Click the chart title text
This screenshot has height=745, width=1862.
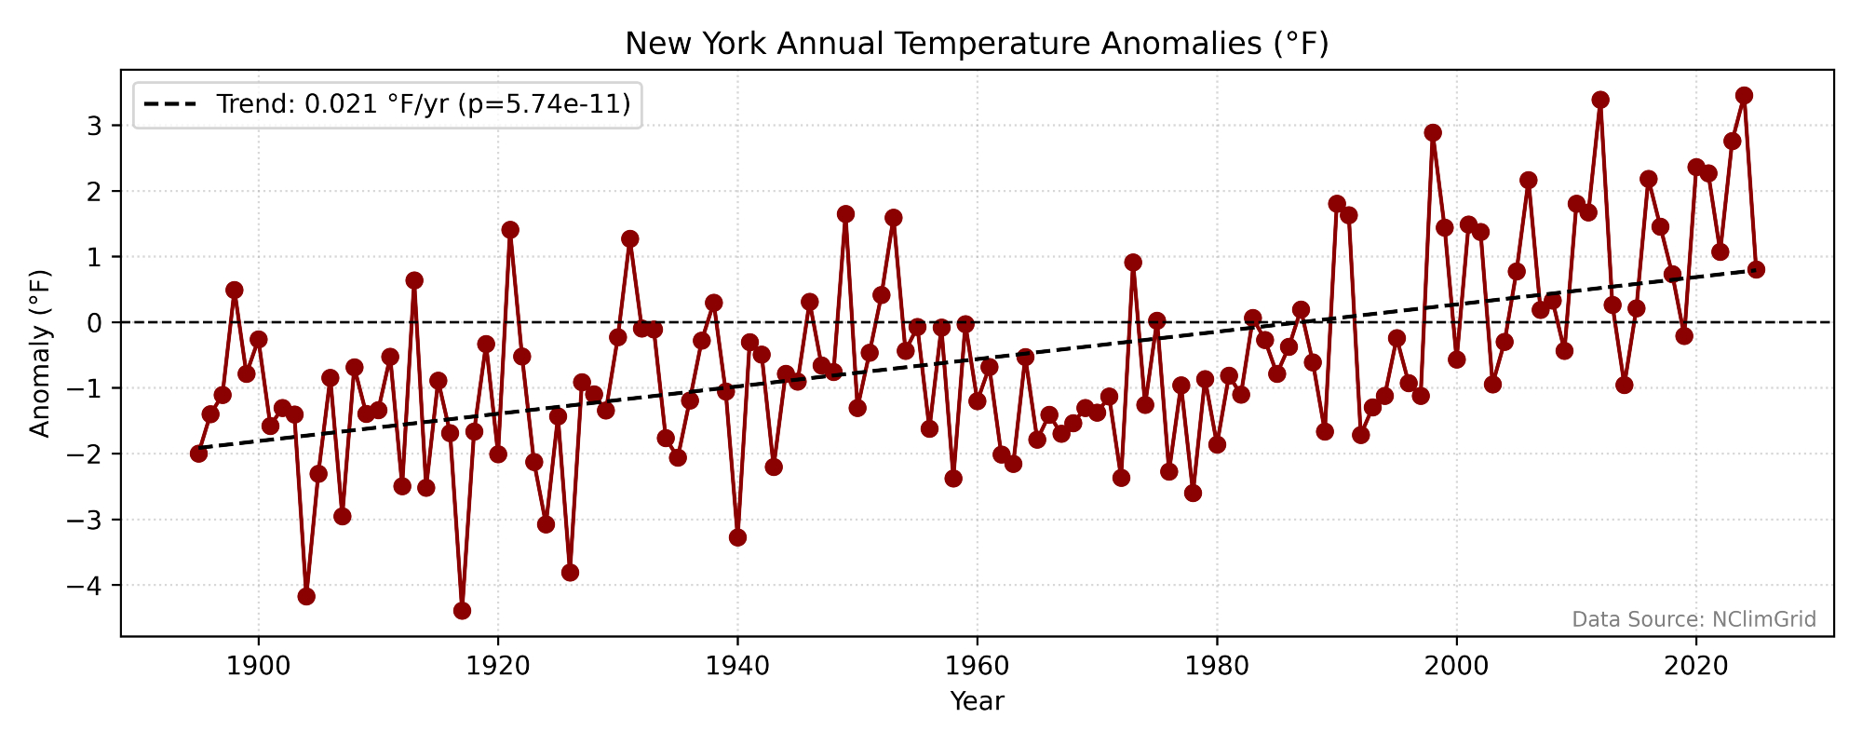point(977,44)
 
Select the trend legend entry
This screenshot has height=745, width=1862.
point(387,104)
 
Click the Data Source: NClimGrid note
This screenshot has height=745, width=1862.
point(1693,619)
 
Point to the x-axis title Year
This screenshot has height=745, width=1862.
point(977,701)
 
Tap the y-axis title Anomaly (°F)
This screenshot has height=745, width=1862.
point(39,353)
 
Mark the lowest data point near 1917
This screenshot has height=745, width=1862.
point(462,611)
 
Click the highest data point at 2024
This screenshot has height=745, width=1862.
point(1744,96)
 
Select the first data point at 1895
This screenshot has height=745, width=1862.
point(198,454)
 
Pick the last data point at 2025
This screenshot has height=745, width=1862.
point(1756,270)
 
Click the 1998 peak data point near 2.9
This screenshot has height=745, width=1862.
point(1433,133)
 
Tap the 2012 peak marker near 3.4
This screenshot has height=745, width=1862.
point(1600,100)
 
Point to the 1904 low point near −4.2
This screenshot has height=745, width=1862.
point(306,596)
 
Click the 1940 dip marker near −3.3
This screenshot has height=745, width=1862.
point(737,537)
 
